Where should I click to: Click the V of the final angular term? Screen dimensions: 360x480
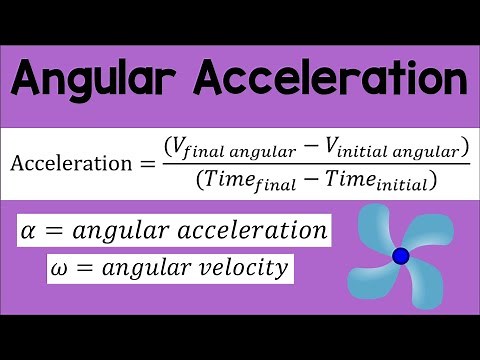coord(180,148)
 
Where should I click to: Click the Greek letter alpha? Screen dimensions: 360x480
coord(28,232)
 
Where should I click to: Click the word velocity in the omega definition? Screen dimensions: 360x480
coord(247,269)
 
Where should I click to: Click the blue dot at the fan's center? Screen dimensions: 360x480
coord(400,257)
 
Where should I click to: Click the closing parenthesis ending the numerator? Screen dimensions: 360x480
coord(464,149)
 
